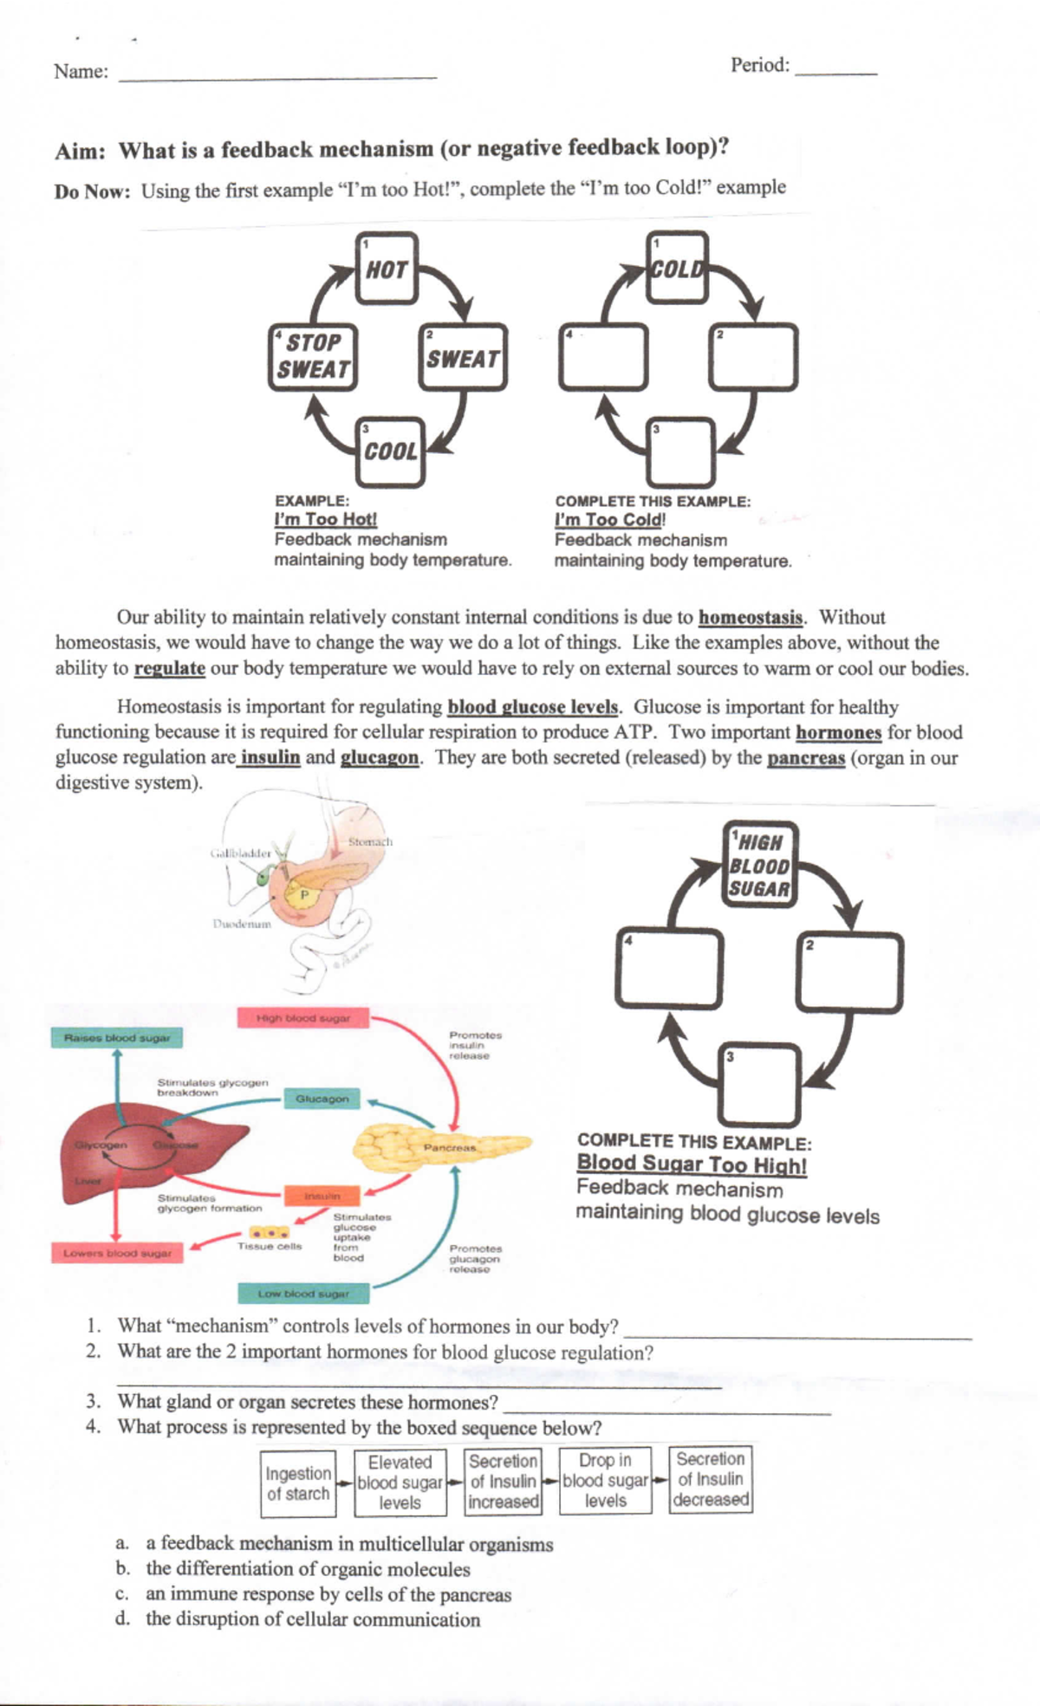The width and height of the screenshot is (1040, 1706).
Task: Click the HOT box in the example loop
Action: click(387, 268)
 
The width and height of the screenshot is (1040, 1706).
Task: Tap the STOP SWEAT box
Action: click(312, 356)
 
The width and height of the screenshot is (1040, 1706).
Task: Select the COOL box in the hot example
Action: click(389, 451)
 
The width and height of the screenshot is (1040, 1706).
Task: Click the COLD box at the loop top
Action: click(677, 267)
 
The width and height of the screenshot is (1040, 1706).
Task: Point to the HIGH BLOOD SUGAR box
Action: click(760, 865)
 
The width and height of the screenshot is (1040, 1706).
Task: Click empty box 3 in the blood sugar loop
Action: click(758, 1085)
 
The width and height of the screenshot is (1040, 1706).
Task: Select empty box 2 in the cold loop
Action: click(753, 357)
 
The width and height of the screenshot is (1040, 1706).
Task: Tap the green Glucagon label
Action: click(322, 1099)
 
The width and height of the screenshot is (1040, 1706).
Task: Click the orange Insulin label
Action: click(322, 1196)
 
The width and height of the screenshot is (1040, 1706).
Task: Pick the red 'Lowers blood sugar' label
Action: click(117, 1253)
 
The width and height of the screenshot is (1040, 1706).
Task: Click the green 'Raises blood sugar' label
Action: click(117, 1037)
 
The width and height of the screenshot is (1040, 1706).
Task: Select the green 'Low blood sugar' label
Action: click(302, 1294)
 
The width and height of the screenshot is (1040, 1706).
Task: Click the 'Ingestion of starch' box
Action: click(298, 1483)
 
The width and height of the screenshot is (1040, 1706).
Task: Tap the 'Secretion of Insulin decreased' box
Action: click(711, 1479)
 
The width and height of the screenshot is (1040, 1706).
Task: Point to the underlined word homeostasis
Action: click(751, 618)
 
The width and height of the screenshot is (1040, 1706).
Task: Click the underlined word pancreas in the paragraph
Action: click(805, 758)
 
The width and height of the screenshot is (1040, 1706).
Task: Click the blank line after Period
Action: click(835, 71)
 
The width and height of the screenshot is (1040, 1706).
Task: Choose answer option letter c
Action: click(123, 1594)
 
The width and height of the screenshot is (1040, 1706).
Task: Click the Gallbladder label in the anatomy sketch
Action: click(240, 853)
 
